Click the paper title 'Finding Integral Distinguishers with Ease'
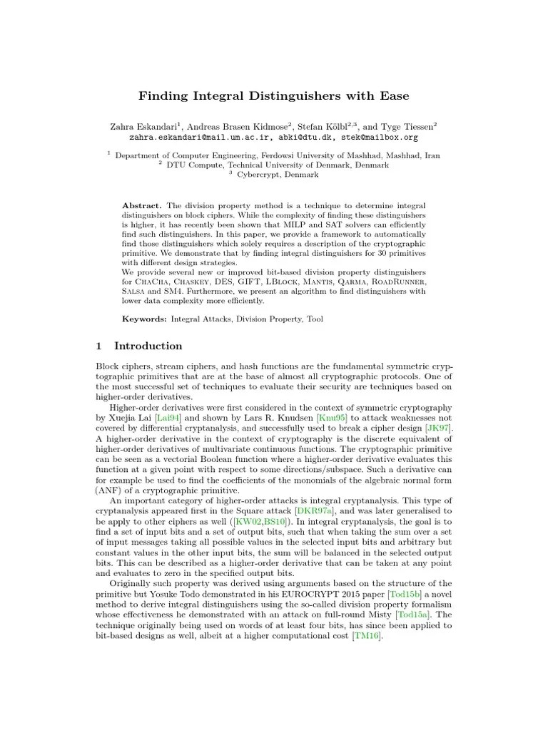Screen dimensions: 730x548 tap(273, 96)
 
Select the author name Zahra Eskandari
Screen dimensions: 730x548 tap(139, 125)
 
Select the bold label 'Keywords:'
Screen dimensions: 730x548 tap(145, 319)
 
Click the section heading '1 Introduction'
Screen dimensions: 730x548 tap(139, 346)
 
